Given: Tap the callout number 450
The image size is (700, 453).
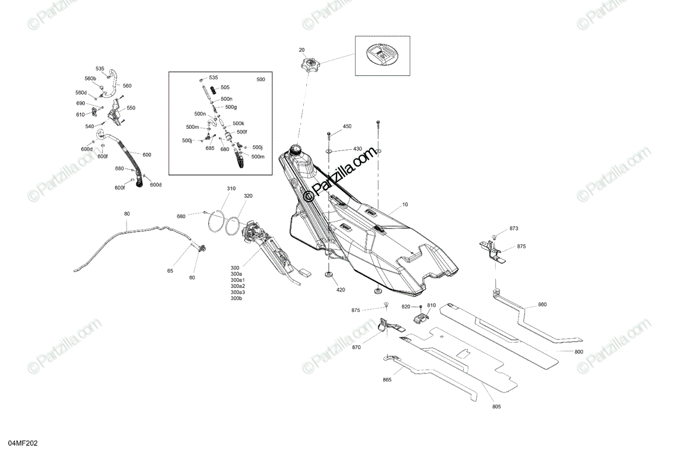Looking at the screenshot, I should tap(347, 127).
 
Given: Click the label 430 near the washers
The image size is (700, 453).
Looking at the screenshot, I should tap(357, 149).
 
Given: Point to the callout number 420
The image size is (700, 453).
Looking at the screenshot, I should tap(340, 289).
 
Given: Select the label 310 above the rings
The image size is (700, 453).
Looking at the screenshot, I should tap(231, 188).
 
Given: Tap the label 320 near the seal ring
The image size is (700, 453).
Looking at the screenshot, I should tap(248, 196).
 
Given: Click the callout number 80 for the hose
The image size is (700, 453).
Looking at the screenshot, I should tap(127, 214).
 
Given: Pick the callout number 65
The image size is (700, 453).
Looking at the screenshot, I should tap(170, 271).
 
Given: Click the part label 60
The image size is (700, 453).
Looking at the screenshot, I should tap(192, 278).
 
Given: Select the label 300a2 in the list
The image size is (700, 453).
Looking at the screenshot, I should tap(238, 286).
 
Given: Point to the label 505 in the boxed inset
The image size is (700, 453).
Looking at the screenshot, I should tap(225, 87).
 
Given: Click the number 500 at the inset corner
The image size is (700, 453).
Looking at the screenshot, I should tap(261, 79).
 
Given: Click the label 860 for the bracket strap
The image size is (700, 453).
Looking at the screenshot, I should tap(542, 305).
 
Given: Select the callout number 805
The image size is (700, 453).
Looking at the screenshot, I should tap(496, 406).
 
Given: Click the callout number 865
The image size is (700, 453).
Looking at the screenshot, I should tap(387, 380).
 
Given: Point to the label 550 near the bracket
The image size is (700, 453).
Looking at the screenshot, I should tap(131, 108).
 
